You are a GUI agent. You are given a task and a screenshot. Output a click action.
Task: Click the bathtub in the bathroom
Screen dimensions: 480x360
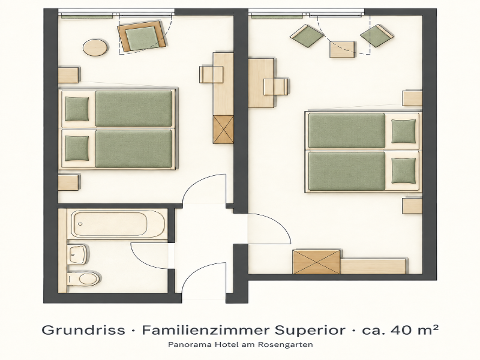(x=118, y=224)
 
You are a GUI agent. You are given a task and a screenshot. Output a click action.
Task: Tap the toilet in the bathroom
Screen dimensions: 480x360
(x=84, y=278)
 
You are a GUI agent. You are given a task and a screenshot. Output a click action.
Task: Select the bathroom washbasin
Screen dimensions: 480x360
(x=79, y=254)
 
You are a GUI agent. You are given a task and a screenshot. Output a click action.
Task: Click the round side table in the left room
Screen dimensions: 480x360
(x=95, y=48)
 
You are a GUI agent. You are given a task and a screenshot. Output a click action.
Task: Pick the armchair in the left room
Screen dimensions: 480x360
(x=143, y=36)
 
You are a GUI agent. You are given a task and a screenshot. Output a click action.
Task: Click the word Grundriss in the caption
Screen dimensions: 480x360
(x=83, y=331)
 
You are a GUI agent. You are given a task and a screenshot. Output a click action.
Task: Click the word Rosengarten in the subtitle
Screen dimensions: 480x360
(x=286, y=344)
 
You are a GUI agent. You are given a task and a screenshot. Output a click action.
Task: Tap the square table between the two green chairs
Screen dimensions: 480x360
(x=343, y=50)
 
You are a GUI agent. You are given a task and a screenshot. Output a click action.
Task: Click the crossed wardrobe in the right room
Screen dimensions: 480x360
(x=317, y=262)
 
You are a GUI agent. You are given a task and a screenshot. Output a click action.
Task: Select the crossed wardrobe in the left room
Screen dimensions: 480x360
(x=223, y=130)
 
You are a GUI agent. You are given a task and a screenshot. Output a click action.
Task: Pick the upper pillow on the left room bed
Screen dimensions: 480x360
(x=77, y=109)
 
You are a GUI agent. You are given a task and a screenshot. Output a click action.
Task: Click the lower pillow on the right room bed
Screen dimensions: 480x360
(x=404, y=170)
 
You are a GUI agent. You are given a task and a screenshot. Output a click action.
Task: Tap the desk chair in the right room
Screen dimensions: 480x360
(x=276, y=86)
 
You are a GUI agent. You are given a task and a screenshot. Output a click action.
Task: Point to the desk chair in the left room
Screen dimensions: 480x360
(x=212, y=74)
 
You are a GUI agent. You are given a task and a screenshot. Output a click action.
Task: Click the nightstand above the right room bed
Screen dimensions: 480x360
(x=412, y=98)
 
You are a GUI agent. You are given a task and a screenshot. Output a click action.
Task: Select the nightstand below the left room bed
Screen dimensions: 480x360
(x=68, y=182)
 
